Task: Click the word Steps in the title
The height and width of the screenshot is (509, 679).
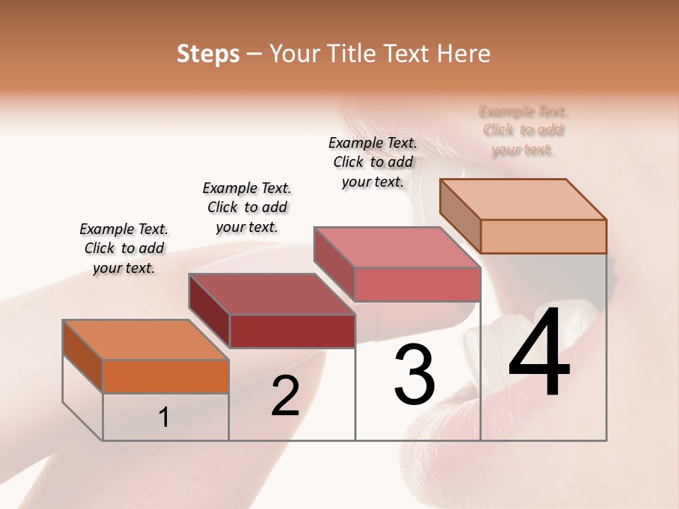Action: coord(208,54)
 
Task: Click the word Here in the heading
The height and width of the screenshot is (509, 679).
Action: coord(463,54)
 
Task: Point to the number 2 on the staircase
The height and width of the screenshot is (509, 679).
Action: coord(285,396)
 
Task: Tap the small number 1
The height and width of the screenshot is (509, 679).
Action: coord(163,418)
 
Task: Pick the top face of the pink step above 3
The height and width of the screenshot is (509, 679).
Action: coord(397,247)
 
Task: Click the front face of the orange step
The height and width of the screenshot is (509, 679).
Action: coord(166,376)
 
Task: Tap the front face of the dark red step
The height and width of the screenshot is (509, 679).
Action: coord(291,331)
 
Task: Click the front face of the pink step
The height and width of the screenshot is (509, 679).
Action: coord(417,284)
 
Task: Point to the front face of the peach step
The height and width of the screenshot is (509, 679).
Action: coord(543,236)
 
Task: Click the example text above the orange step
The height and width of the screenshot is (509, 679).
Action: coord(124,248)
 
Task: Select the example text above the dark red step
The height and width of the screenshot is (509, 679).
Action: coord(247,207)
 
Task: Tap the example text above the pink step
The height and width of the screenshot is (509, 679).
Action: coord(373,162)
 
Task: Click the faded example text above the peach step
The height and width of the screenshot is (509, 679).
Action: coord(523,131)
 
